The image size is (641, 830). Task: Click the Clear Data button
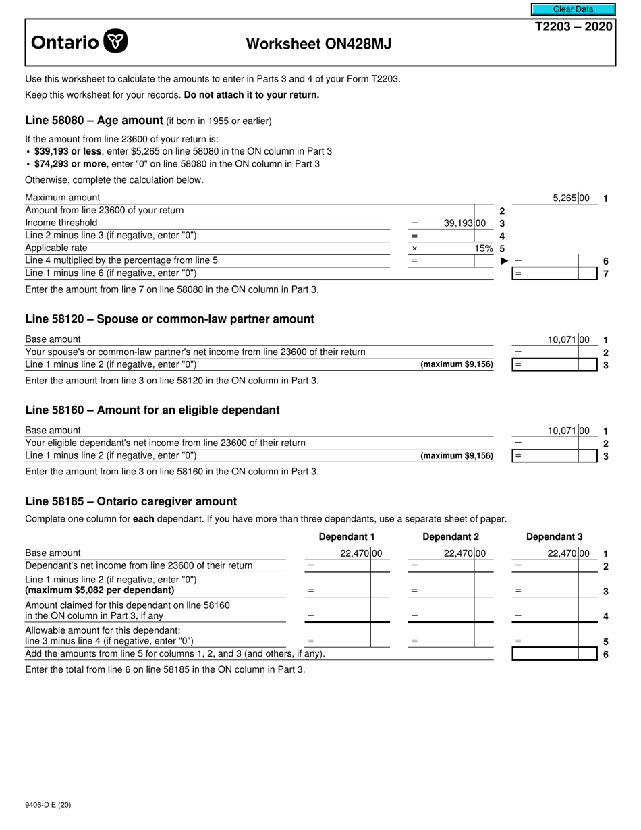(x=573, y=9)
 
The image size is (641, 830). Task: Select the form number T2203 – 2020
(x=574, y=27)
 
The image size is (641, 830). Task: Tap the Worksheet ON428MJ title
(x=318, y=44)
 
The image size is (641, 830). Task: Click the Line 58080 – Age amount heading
(x=94, y=121)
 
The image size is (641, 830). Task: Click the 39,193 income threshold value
(x=458, y=223)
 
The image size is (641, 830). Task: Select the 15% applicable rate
(x=483, y=248)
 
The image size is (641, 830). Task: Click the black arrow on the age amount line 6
(x=504, y=261)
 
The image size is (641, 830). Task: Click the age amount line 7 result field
(x=545, y=274)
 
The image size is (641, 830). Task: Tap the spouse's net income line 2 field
(x=545, y=352)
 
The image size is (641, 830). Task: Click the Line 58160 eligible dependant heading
(x=152, y=410)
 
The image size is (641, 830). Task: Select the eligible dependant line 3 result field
(x=545, y=456)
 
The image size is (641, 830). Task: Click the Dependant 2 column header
(x=450, y=537)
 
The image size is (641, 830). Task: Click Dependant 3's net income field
(x=545, y=565)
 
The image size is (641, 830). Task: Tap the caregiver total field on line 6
(x=545, y=654)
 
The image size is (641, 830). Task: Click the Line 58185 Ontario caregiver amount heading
(x=131, y=501)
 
